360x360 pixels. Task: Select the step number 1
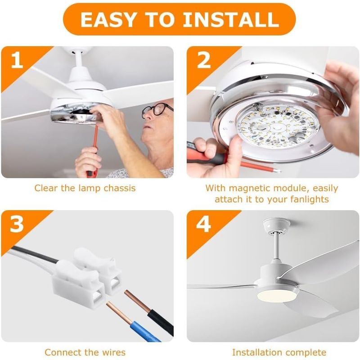click(17, 60)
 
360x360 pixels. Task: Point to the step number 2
click(204, 60)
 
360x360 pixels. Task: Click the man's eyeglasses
click(157, 109)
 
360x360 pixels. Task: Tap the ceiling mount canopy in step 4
click(276, 225)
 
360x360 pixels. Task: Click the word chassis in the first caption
click(119, 188)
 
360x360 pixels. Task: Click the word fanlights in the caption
click(309, 199)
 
